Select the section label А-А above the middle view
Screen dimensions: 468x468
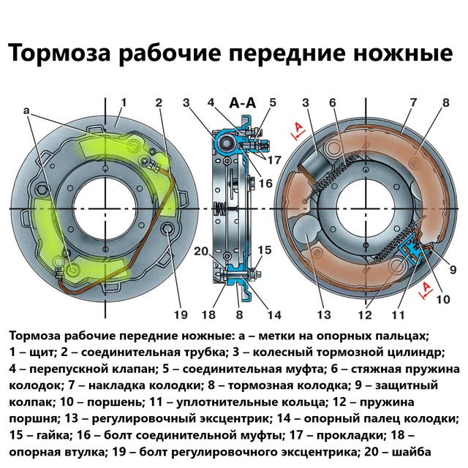241,103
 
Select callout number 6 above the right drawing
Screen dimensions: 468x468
332,103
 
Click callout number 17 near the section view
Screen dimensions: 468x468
274,159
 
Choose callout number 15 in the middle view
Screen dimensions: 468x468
263,250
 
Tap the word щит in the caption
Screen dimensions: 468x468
37,354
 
